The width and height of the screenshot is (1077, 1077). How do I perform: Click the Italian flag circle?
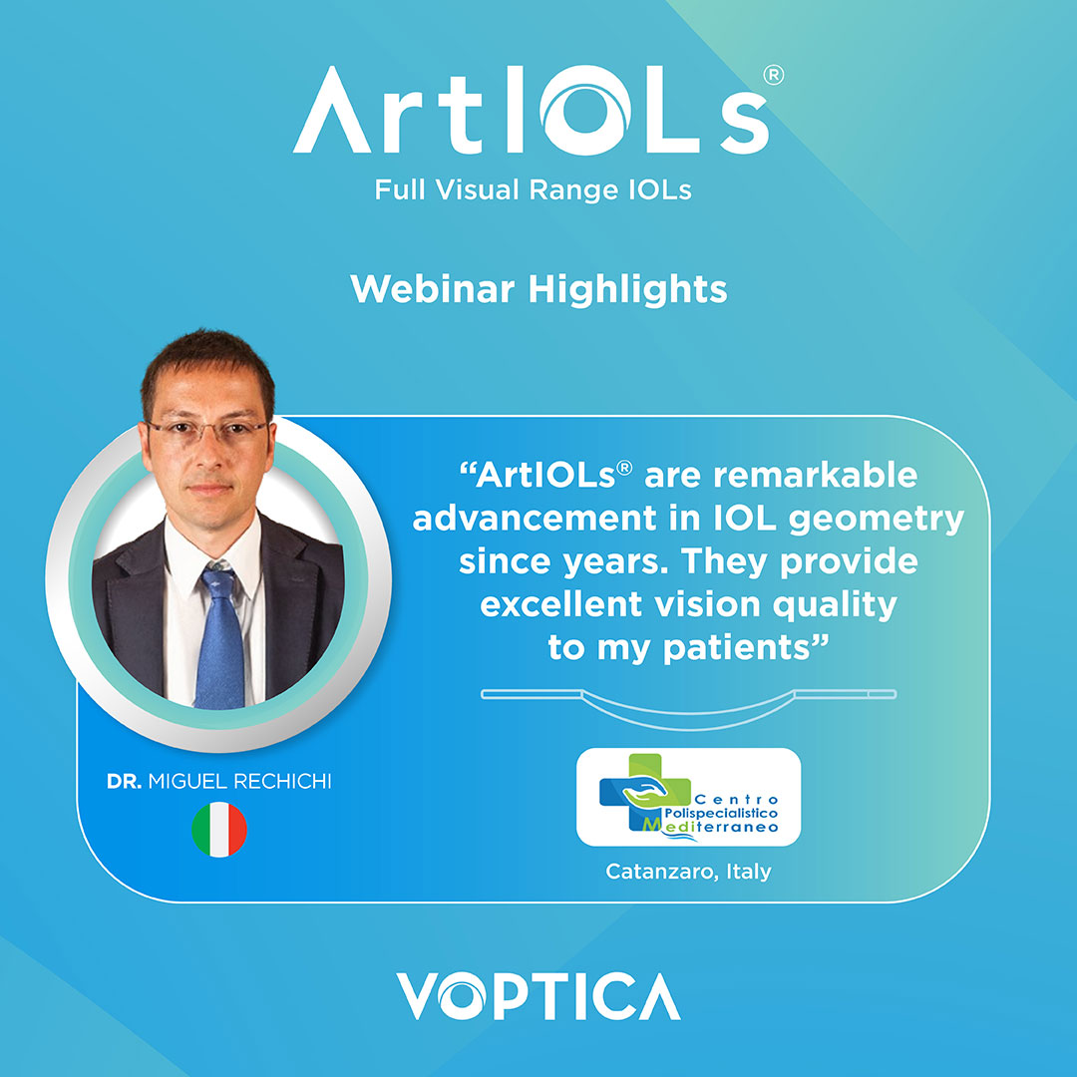pyautogui.click(x=219, y=829)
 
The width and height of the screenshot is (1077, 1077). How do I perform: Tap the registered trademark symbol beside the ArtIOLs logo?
pyautogui.click(x=774, y=75)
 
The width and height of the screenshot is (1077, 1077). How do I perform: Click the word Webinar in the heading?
pyautogui.click(x=432, y=288)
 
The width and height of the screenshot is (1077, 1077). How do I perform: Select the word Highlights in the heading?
pyautogui.click(x=628, y=290)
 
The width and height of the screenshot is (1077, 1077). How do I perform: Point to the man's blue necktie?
pyautogui.click(x=219, y=639)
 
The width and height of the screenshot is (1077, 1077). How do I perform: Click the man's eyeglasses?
pyautogui.click(x=206, y=429)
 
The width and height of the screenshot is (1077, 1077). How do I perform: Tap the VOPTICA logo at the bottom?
pyautogui.click(x=538, y=996)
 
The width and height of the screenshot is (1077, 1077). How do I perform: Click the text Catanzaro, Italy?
pyautogui.click(x=688, y=872)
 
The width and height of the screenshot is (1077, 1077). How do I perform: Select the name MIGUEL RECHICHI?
pyautogui.click(x=239, y=781)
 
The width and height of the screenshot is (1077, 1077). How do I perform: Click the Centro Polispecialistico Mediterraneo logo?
pyautogui.click(x=688, y=797)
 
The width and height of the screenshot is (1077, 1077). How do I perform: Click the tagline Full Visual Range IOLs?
pyautogui.click(x=533, y=189)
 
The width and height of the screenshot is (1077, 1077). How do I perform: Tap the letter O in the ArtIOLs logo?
pyautogui.click(x=585, y=110)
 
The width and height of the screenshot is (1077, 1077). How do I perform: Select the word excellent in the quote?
pyautogui.click(x=561, y=604)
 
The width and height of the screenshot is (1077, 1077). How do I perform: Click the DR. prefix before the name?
pyautogui.click(x=125, y=781)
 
